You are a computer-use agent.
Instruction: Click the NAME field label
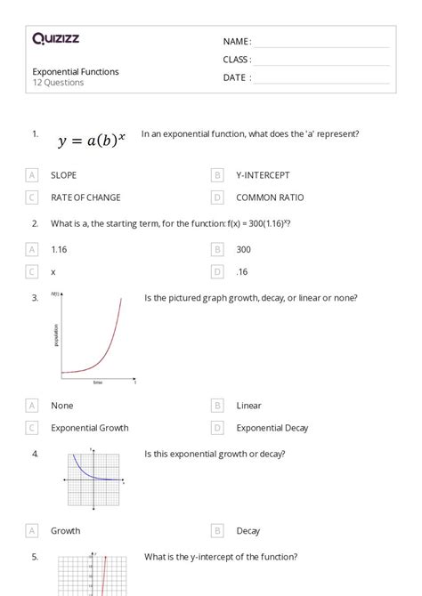[x=236, y=41]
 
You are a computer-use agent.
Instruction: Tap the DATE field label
[x=236, y=77]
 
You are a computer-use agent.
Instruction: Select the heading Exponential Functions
[x=76, y=72]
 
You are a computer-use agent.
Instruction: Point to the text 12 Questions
[x=59, y=83]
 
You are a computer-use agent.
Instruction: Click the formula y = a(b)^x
[x=92, y=140]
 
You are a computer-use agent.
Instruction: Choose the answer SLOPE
[x=64, y=175]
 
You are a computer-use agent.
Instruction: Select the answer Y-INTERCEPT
[x=263, y=175]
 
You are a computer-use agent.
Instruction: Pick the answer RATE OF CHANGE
[x=85, y=197]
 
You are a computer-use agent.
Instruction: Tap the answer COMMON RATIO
[x=270, y=197]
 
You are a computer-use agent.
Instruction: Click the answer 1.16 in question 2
[x=59, y=250]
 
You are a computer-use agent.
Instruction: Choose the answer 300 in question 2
[x=244, y=250]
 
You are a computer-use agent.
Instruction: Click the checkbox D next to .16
[x=217, y=271]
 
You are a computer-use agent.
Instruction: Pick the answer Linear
[x=249, y=406]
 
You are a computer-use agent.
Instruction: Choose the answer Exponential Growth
[x=90, y=428]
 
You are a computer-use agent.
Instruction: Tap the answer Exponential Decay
[x=272, y=428]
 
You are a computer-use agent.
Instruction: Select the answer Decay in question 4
[x=248, y=531]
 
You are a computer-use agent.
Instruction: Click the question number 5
[x=35, y=557]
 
